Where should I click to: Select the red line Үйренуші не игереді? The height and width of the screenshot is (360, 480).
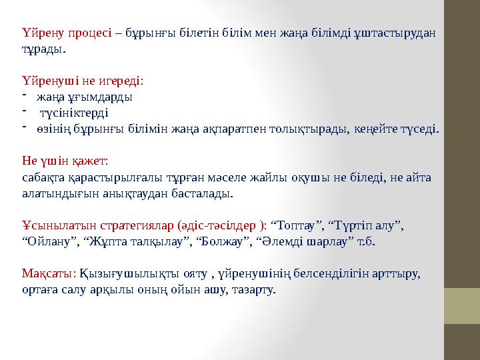(82, 81)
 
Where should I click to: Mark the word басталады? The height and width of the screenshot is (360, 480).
(207, 193)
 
